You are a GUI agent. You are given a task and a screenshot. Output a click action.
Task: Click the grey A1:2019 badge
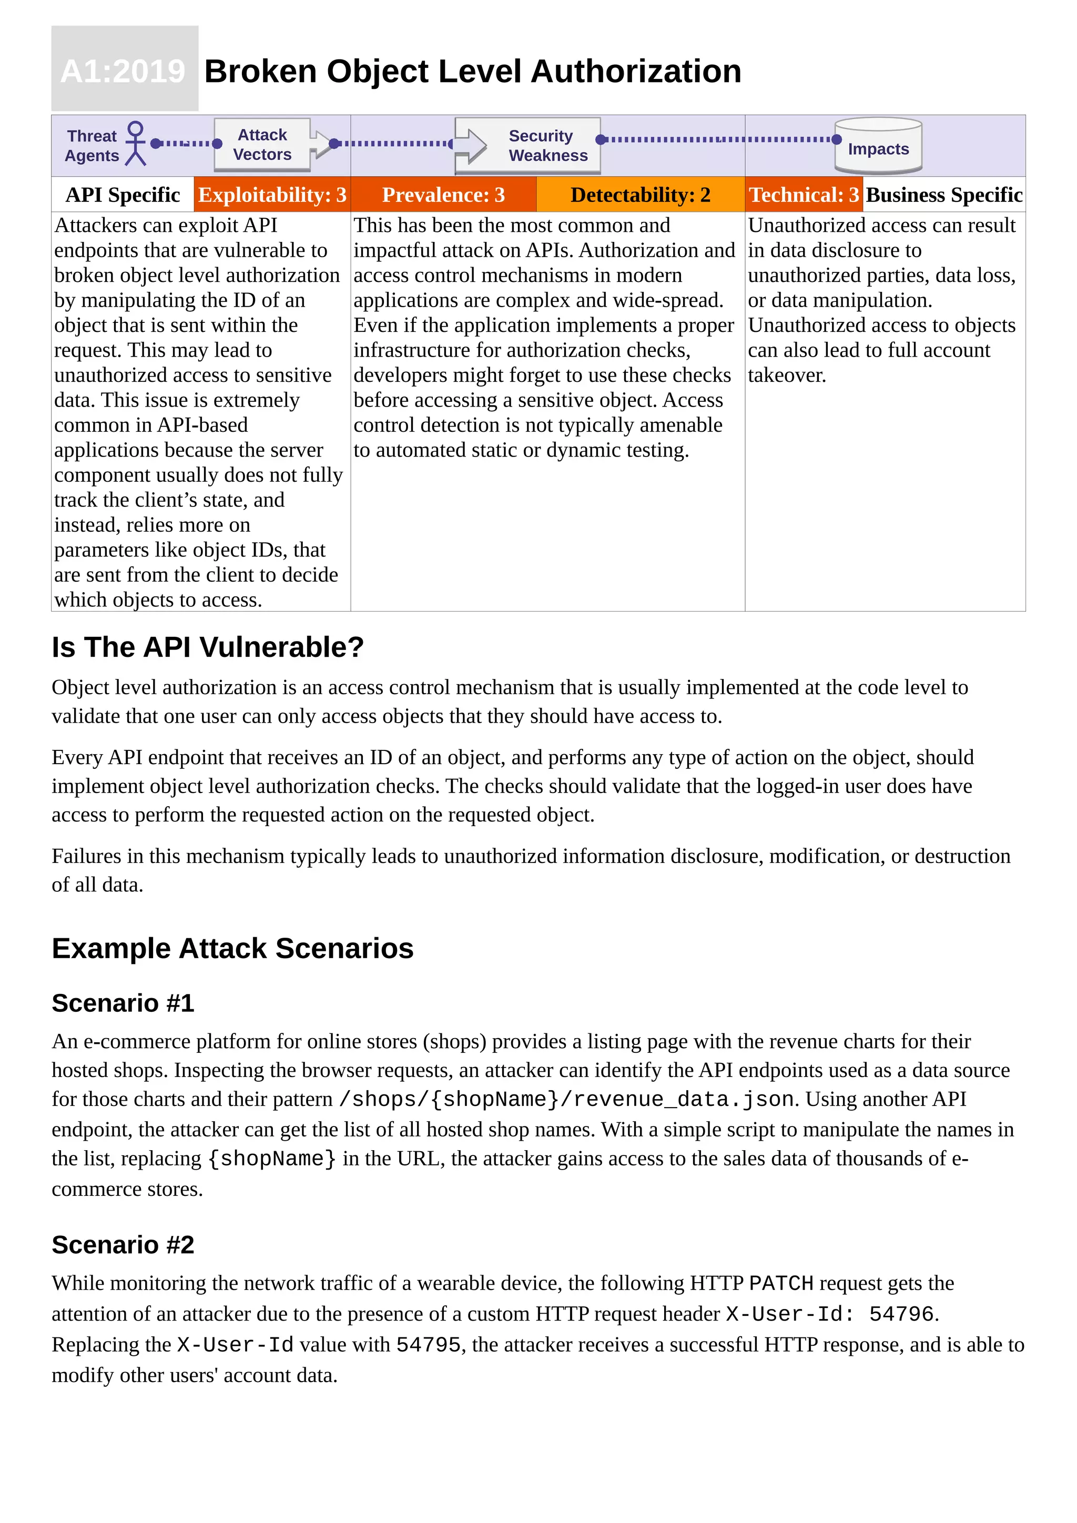[x=125, y=69]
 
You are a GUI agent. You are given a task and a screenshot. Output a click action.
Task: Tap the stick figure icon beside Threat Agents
[x=135, y=143]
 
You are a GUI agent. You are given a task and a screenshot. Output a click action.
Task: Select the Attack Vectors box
[x=262, y=145]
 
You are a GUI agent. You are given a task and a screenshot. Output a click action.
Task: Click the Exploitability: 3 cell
[x=272, y=195]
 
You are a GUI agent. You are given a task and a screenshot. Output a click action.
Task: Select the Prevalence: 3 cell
[x=443, y=195]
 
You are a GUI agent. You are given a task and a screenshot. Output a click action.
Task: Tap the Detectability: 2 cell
[x=640, y=195]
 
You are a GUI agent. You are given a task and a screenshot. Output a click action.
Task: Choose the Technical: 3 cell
[x=804, y=195]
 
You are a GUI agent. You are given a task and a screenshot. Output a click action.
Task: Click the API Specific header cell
[x=123, y=195]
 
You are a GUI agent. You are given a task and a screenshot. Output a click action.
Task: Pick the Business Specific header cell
[x=944, y=195]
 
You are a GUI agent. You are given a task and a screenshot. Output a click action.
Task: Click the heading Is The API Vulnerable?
[x=208, y=647]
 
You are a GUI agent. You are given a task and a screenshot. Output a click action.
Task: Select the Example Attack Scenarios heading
[x=232, y=949]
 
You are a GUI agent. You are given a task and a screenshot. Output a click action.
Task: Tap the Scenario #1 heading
[x=123, y=1003]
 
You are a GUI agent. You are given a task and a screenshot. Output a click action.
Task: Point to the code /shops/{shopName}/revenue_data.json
[x=566, y=1099]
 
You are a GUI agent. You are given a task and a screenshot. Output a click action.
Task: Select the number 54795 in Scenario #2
[x=428, y=1345]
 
